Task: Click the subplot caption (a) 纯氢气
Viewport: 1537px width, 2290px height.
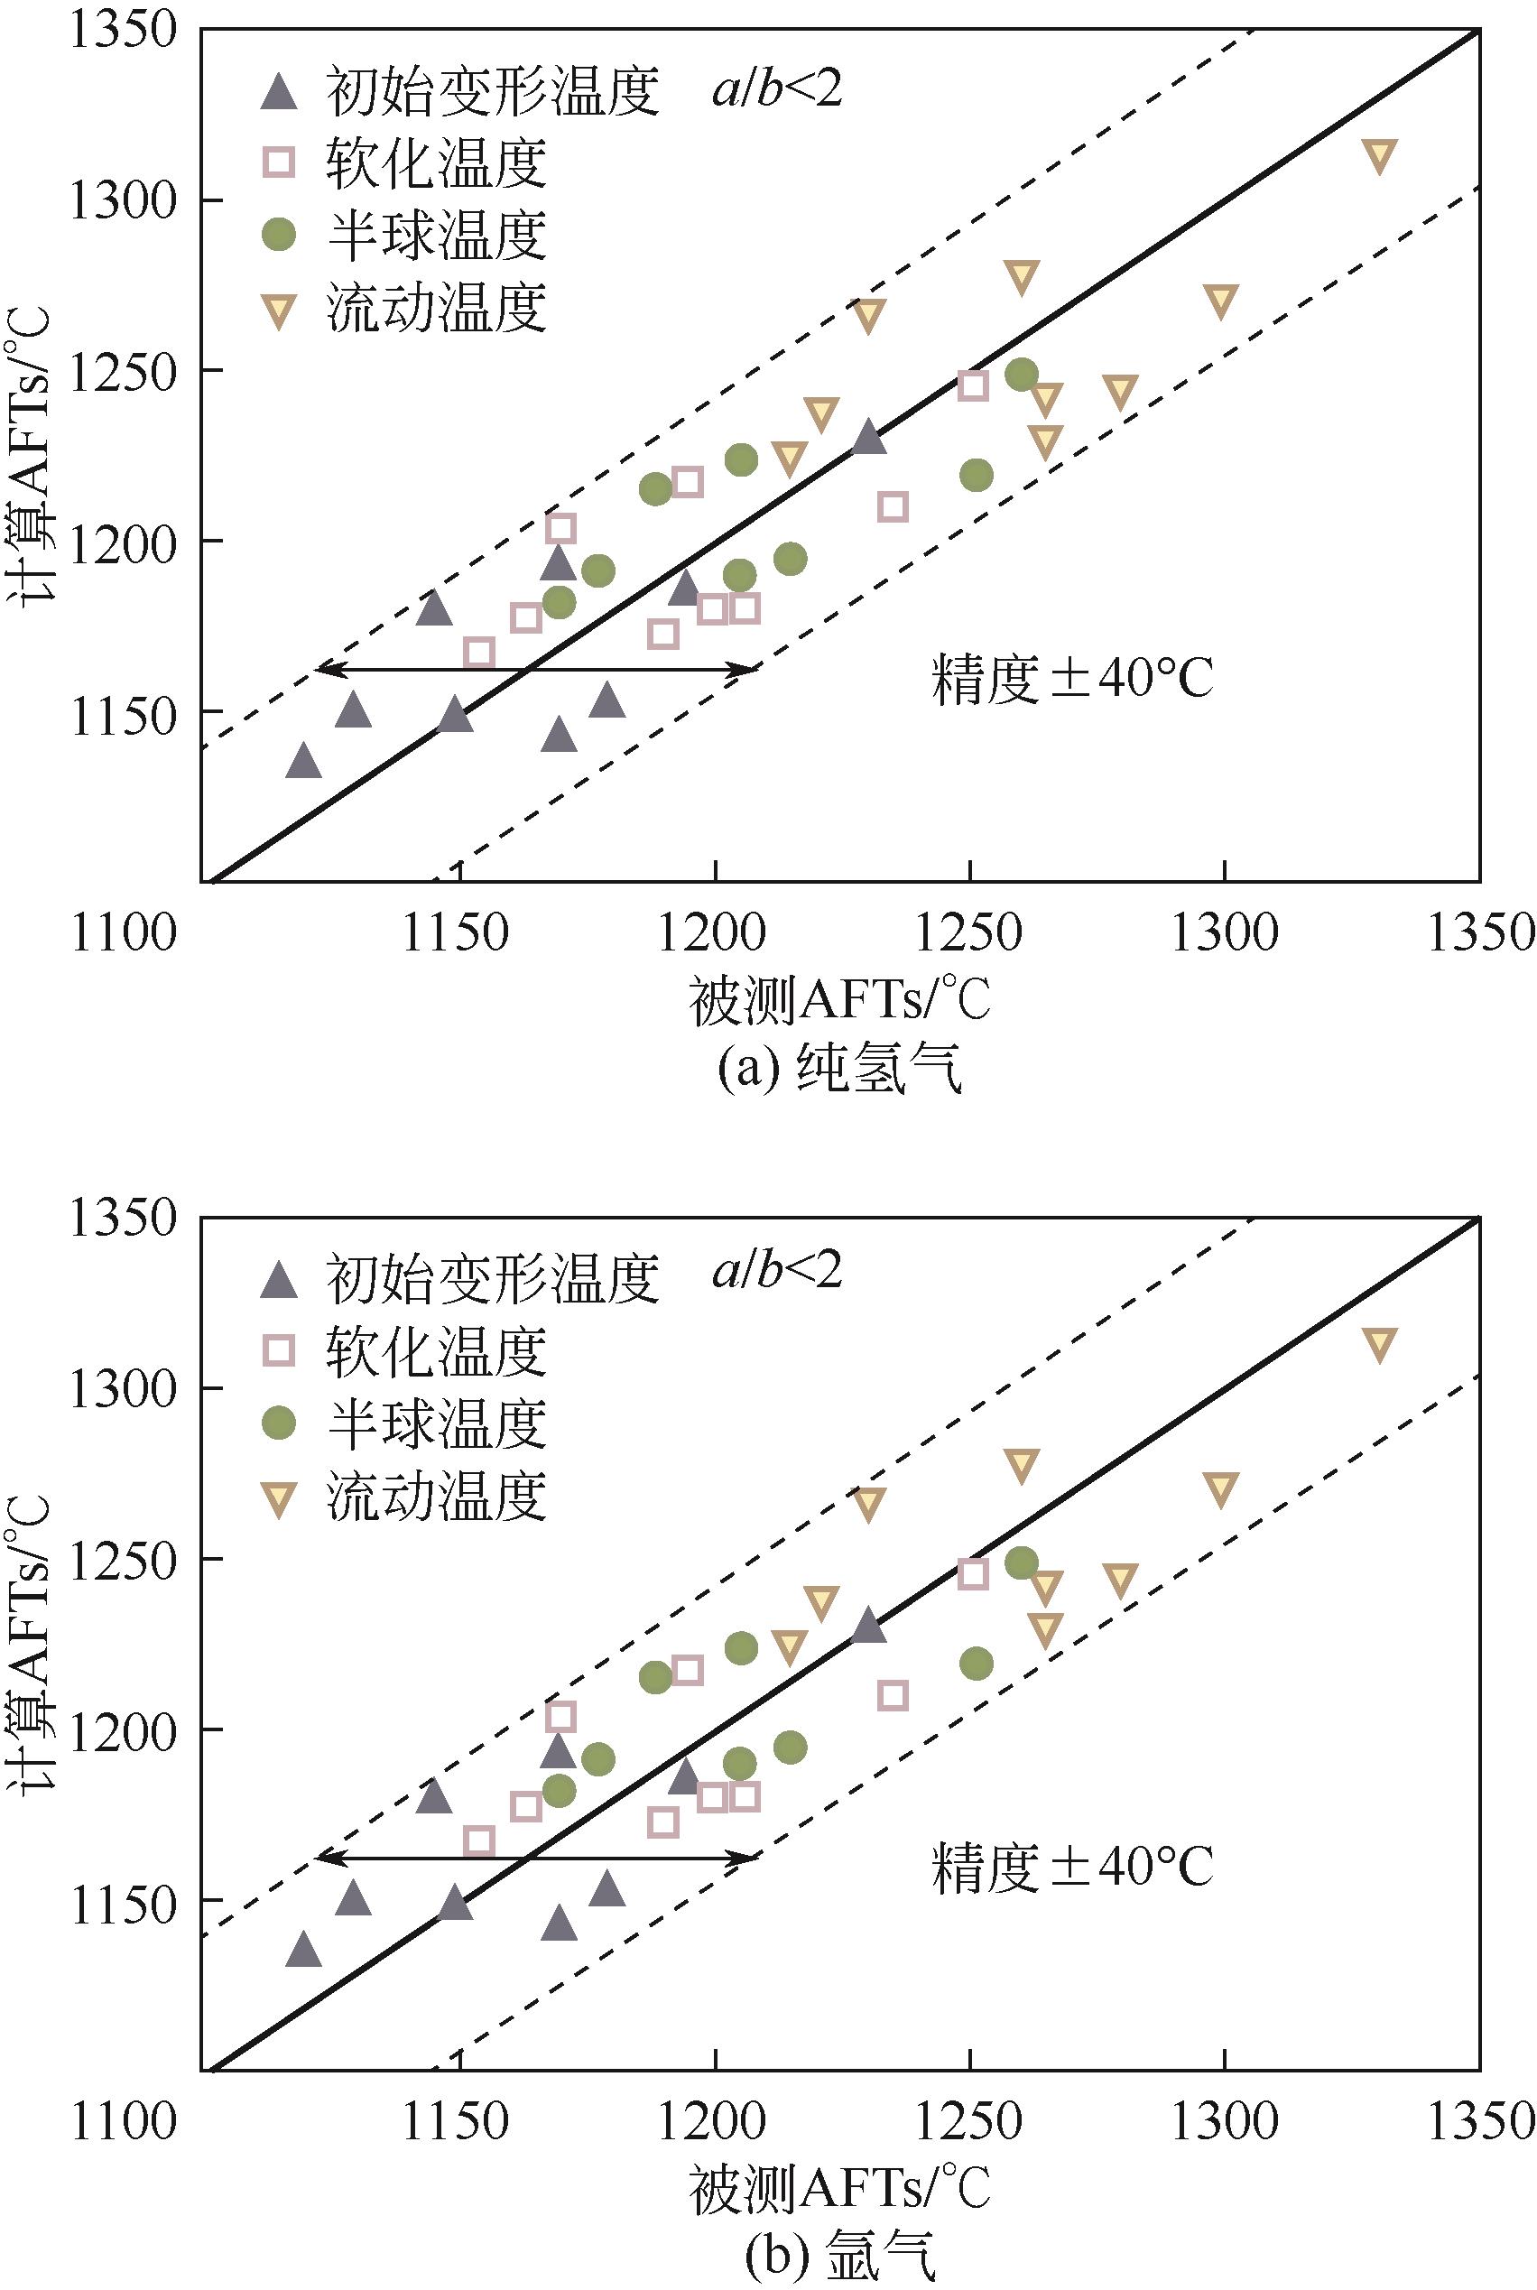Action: (840, 1071)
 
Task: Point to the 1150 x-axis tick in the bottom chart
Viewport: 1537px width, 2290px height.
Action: (458, 2119)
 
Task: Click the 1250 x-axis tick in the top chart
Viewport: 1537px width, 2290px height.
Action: (968, 932)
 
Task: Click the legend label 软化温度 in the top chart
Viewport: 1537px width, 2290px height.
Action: (436, 162)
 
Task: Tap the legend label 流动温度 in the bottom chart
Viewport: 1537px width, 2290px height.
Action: (436, 1496)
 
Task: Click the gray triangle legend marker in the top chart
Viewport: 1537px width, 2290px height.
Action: (281, 92)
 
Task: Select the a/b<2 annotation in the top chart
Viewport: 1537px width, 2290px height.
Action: (777, 90)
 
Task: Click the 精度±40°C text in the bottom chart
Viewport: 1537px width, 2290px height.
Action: (1072, 1867)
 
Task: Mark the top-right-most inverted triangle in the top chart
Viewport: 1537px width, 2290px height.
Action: (1380, 155)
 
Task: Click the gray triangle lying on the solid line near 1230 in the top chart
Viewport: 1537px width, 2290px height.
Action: (868, 437)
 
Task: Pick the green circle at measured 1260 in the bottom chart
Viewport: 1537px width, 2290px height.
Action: (1022, 1562)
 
